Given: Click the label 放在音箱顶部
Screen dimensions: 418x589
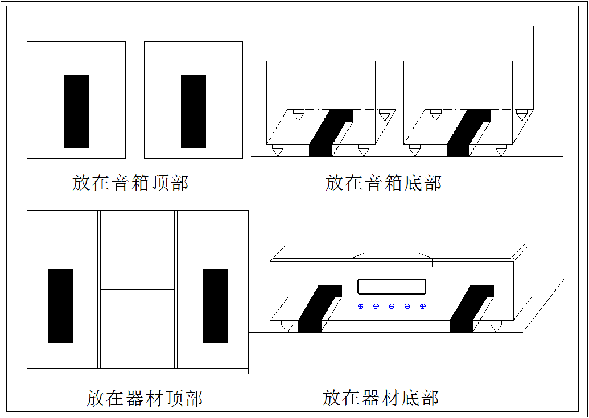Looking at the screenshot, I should point(130,183).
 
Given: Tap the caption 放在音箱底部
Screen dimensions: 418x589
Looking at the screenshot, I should point(384,183).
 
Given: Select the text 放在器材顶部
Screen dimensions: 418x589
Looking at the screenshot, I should point(145,398).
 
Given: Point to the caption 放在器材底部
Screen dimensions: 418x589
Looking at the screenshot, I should point(381,398).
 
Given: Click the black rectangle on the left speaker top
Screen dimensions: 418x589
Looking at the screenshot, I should point(76,111).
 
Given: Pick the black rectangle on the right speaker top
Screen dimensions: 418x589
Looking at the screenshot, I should point(193,111).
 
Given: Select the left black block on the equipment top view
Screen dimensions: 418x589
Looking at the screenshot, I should point(60,306).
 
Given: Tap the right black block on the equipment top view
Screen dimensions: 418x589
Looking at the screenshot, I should point(215,306).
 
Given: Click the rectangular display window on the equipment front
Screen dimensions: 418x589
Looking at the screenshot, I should point(392,287).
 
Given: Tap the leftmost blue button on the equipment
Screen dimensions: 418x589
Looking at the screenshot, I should point(361,307).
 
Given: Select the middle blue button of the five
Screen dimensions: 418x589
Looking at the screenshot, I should point(392,307).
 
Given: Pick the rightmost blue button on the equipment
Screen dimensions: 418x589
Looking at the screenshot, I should point(423,307).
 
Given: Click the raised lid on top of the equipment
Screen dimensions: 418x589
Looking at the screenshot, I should point(392,260).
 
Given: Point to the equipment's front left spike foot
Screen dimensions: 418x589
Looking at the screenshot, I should point(287,326).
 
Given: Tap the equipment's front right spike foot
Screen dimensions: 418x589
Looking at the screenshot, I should point(496,326).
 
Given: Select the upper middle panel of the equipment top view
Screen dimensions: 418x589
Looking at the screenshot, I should point(138,250).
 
